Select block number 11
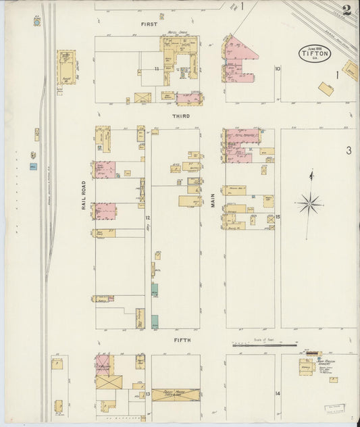156,69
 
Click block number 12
147,218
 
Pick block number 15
278,218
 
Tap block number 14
277,393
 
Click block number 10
278,69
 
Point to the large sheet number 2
346,9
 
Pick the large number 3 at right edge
349,150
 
